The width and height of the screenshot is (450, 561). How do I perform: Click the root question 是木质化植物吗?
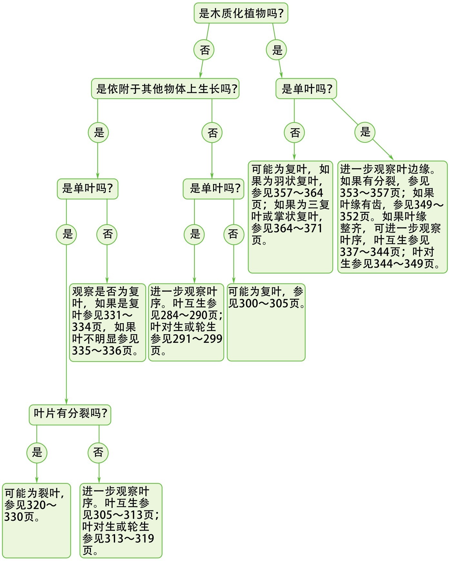[x=241, y=13]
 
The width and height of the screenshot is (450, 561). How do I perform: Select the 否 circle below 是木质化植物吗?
[x=204, y=50]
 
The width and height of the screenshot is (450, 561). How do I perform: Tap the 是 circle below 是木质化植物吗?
[x=277, y=50]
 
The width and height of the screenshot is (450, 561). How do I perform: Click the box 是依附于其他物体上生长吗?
[x=165, y=89]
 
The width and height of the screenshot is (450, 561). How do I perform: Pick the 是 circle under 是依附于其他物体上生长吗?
[x=99, y=132]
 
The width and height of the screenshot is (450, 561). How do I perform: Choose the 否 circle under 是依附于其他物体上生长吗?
[x=212, y=132]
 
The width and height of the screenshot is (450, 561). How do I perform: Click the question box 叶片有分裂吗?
[x=70, y=415]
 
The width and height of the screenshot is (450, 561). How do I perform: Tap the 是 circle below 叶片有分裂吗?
[x=37, y=452]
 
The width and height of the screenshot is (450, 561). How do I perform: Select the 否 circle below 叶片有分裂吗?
[x=98, y=452]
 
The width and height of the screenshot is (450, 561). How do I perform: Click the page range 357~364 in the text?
[x=298, y=193]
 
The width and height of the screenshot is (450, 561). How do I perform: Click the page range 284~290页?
[x=189, y=315]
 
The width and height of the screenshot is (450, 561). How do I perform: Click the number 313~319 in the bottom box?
[x=129, y=538]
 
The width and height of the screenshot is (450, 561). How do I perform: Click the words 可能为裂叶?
[x=32, y=493]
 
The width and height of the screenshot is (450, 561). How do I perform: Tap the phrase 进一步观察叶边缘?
[x=385, y=169]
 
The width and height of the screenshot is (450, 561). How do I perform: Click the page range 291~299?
[x=198, y=339]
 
